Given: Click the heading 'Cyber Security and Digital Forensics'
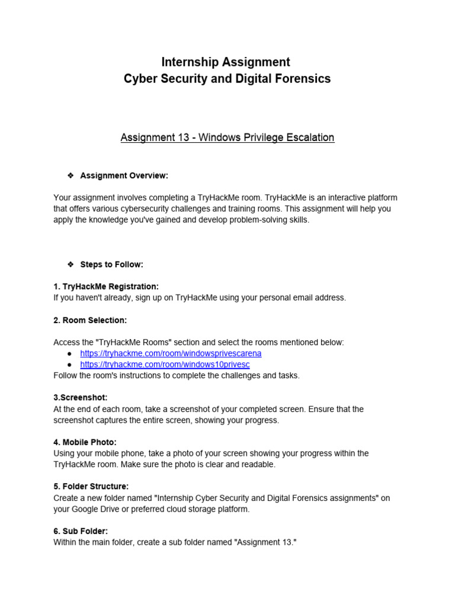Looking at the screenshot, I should click(x=227, y=79).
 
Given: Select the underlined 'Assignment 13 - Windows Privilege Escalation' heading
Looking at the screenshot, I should click(x=227, y=138).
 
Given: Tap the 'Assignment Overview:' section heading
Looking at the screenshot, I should click(x=124, y=175).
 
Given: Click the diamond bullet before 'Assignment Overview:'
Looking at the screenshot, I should click(x=70, y=175).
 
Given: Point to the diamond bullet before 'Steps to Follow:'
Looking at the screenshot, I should click(x=70, y=264).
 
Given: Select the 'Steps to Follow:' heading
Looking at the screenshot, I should click(x=111, y=264).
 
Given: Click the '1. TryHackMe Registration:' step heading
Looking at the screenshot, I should click(x=106, y=286).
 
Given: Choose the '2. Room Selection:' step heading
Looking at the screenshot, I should click(x=90, y=320).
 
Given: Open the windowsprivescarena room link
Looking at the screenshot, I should click(x=171, y=353).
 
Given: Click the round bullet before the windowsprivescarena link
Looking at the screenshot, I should click(x=70, y=353).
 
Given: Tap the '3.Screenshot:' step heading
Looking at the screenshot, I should click(x=81, y=398).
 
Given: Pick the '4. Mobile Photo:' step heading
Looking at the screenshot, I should click(x=85, y=442).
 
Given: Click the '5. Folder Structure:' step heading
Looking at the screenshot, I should click(x=91, y=487).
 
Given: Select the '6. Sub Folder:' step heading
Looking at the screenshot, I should click(x=81, y=531).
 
